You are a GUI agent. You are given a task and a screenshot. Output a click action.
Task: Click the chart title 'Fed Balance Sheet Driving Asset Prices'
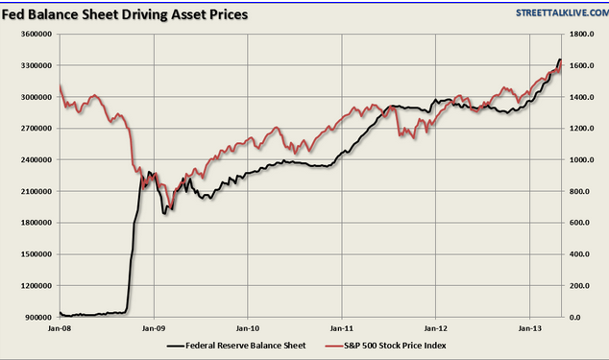[125, 14]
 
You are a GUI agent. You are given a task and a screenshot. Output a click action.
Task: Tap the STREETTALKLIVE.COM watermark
[562, 12]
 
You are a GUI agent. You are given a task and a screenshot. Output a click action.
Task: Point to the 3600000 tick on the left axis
[37, 35]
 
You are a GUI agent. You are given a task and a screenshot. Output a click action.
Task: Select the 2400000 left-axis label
[37, 159]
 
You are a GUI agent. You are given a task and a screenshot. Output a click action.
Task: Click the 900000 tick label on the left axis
[38, 318]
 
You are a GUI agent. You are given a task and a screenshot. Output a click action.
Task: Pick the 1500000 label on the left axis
[37, 254]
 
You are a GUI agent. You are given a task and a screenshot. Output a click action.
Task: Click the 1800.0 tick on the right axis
[581, 35]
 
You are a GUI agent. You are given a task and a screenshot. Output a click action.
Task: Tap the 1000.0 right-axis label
[581, 159]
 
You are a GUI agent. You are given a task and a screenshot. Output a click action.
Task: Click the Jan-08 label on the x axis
[60, 328]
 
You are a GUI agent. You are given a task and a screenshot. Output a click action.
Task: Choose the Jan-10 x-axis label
[248, 328]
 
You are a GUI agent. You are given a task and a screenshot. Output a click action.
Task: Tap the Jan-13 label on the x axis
[530, 328]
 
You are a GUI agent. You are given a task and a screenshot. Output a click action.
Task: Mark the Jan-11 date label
[342, 328]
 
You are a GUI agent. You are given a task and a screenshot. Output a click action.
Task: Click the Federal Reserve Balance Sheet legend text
[246, 346]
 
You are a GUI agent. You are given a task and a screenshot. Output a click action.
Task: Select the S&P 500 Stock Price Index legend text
[395, 346]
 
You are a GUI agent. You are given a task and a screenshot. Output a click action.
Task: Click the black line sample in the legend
[176, 346]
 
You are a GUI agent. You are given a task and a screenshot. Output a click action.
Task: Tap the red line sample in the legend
[334, 346]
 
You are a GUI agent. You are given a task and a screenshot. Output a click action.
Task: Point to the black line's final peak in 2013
[560, 60]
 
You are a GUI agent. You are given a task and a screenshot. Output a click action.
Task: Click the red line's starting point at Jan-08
[60, 85]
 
